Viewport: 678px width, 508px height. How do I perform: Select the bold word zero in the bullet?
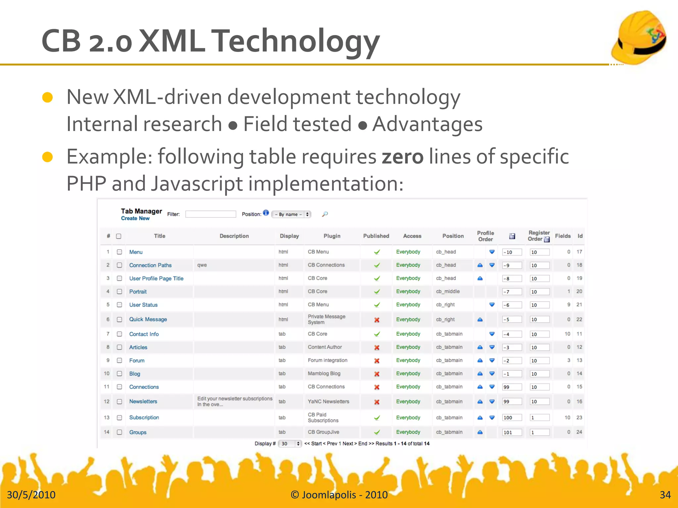point(402,156)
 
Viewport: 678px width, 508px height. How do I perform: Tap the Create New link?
point(135,218)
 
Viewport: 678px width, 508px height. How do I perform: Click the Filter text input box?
point(211,214)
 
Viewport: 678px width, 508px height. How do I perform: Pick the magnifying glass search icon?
point(325,214)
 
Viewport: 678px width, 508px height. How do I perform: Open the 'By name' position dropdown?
point(291,214)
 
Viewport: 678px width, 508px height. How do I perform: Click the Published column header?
point(376,236)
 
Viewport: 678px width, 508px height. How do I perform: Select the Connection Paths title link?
point(150,265)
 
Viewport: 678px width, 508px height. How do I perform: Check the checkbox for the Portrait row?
point(120,292)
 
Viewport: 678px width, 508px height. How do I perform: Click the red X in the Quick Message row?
point(377,320)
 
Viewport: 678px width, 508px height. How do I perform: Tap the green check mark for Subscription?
point(377,418)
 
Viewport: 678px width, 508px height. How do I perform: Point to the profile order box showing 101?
point(511,432)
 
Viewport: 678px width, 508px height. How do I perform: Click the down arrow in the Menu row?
point(492,252)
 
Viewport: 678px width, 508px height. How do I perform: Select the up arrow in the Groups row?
point(480,432)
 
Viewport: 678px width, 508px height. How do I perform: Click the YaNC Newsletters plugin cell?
point(328,402)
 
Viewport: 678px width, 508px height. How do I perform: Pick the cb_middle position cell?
point(448,292)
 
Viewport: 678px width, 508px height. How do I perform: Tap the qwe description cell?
point(202,265)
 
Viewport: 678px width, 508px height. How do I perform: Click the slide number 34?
point(665,495)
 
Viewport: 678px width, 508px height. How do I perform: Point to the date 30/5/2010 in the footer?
point(31,495)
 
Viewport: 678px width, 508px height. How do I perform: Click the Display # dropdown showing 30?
point(290,444)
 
